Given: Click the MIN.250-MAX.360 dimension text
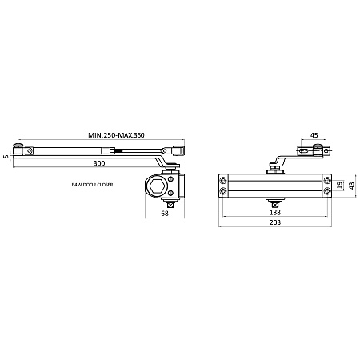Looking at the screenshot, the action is (116, 135).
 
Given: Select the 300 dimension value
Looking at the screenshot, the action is (99, 163).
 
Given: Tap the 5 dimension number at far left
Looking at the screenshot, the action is (6, 157).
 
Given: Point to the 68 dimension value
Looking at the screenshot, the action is (165, 214).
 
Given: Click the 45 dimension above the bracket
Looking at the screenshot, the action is (314, 135).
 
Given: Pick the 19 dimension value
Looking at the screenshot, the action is (339, 185).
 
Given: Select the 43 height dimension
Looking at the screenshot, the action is (352, 186).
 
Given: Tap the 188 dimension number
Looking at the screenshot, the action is (275, 212).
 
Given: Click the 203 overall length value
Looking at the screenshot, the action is (275, 222).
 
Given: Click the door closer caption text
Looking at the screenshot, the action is (92, 185).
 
